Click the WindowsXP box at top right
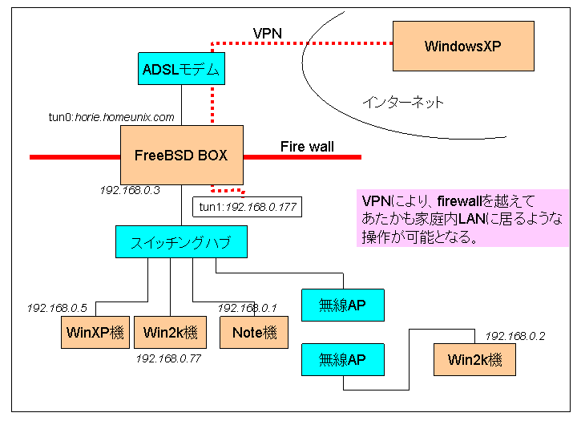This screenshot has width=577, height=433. click(462, 46)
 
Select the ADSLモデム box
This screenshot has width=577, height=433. click(181, 69)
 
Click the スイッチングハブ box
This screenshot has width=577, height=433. click(181, 241)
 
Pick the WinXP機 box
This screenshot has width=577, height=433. click(96, 332)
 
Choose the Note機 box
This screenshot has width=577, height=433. click(253, 332)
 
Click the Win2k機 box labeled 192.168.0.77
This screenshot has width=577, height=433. click(171, 332)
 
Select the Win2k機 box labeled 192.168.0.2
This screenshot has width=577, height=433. click(474, 359)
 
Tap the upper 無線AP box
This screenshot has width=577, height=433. click(342, 305)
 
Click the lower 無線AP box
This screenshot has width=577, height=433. click(342, 359)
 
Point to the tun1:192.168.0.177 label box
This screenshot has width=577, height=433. click(248, 207)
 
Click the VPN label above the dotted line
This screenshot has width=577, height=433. click(267, 33)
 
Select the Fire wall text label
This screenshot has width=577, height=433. click(307, 147)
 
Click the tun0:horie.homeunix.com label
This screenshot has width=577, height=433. click(111, 117)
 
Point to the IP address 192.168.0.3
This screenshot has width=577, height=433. click(130, 191)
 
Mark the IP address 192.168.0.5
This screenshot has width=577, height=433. click(57, 308)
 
